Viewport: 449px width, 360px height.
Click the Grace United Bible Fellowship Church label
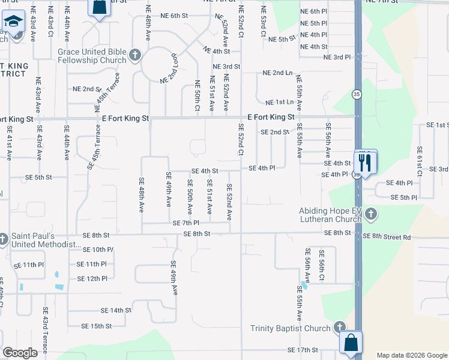tap(92, 56)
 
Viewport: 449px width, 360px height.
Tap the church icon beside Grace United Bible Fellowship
tap(135, 56)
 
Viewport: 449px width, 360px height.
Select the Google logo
tap(20, 353)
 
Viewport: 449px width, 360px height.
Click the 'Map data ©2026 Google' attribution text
tap(411, 355)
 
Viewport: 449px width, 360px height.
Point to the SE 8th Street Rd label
tap(387, 237)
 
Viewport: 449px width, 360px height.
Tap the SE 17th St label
tap(303, 349)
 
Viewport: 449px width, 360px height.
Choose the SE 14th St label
tap(116, 310)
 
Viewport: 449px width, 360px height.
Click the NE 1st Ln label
tap(280, 103)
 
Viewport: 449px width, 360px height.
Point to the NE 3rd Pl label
tap(337, 57)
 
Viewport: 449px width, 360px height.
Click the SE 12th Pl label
tap(92, 278)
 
